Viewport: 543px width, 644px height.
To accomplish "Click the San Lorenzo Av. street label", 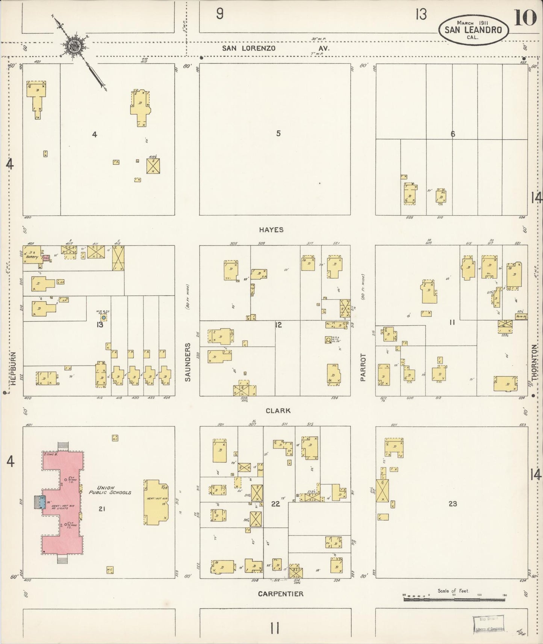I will pos(275,48).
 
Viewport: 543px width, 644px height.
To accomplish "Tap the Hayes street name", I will pos(271,230).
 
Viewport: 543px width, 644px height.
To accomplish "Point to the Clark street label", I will pos(278,411).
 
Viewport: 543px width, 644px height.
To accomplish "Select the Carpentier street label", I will pos(280,594).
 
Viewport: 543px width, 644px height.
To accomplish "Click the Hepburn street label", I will pos(13,368).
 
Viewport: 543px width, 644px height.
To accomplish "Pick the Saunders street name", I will pos(188,362).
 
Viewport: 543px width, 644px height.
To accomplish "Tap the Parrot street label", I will pos(363,367).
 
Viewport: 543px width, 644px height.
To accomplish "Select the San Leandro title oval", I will pos(473,30).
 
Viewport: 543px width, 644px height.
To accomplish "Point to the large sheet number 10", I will pos(525,18).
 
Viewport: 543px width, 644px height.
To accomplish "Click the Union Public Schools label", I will pos(110,490).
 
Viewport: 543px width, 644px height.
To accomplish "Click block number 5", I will pos(278,133).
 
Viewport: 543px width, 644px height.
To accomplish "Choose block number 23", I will pos(452,503).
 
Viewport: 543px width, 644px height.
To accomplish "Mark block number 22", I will pos(275,503).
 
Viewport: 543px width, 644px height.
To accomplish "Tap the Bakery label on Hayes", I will pos(32,257).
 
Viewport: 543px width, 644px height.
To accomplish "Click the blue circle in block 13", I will pos(104,317).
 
